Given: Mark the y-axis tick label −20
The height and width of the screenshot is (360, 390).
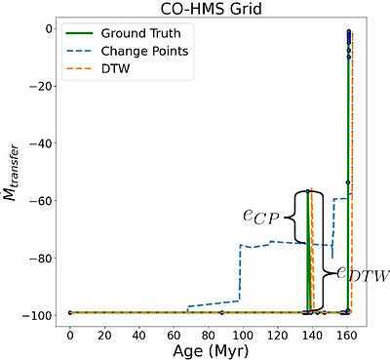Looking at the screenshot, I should point(39,86).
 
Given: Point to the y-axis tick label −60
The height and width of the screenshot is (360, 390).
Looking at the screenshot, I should point(39,200).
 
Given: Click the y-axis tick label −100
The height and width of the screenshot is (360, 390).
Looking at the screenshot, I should point(36,315).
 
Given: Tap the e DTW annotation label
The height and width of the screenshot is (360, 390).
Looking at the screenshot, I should point(363,276).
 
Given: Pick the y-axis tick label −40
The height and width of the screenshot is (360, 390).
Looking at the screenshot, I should point(39,143).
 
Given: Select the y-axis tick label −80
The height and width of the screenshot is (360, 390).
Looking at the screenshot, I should point(39,258).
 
